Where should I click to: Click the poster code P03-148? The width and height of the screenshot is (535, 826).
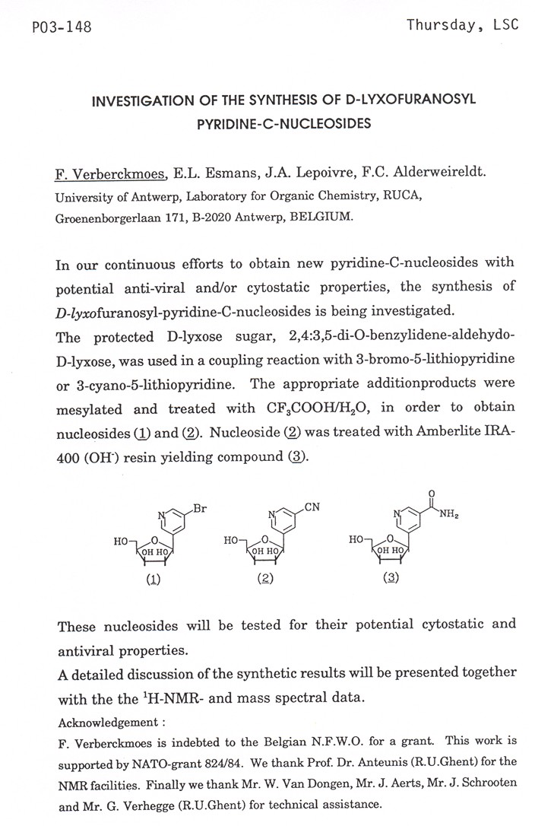(52, 28)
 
